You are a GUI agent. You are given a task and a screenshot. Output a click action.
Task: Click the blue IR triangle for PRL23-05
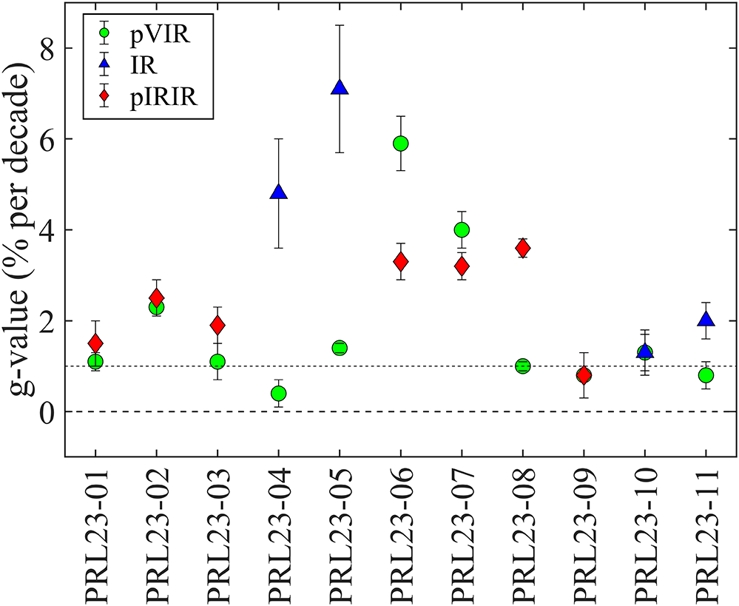click(340, 88)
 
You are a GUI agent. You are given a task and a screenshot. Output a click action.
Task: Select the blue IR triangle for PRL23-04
click(278, 192)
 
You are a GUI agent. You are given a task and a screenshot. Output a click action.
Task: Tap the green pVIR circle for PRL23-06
click(400, 144)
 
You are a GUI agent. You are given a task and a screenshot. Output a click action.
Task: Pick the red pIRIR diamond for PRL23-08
click(522, 248)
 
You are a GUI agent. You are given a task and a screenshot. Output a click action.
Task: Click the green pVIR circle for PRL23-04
click(278, 393)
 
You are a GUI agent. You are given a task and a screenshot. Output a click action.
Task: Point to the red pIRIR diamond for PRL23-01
click(95, 343)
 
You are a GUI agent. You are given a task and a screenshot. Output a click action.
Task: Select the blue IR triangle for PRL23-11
click(706, 320)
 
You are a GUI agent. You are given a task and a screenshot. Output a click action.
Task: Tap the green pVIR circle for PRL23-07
click(462, 229)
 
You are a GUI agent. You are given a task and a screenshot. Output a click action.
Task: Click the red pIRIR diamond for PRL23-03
click(217, 325)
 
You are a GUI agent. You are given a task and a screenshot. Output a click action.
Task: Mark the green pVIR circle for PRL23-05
click(340, 348)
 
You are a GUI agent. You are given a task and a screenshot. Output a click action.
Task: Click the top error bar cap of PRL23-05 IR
click(340, 25)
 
